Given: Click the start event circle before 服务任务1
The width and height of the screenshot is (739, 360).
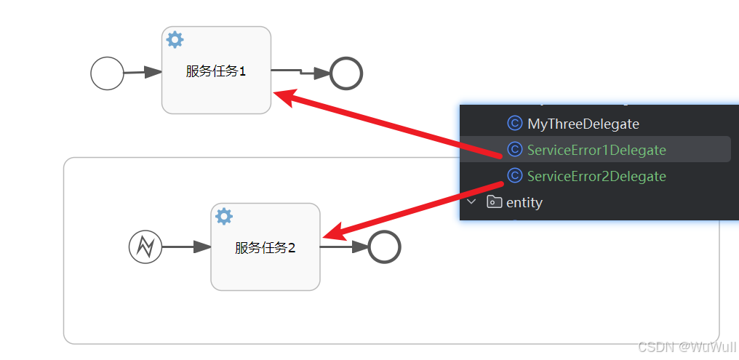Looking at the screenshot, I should pyautogui.click(x=107, y=73).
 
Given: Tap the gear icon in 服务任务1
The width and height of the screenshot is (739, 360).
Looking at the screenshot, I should pyautogui.click(x=175, y=39).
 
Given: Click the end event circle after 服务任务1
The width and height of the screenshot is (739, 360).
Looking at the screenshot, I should pyautogui.click(x=346, y=73).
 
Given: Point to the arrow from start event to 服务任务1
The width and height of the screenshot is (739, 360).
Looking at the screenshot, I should pyautogui.click(x=143, y=72).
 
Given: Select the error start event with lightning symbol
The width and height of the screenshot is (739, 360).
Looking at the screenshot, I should pyautogui.click(x=145, y=247).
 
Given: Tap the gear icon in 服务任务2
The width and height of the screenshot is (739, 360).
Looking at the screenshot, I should pyautogui.click(x=224, y=216).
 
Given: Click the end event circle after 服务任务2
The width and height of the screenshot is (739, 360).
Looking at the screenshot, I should pyautogui.click(x=384, y=247).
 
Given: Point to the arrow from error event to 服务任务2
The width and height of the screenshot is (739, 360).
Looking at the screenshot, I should pyautogui.click(x=186, y=247).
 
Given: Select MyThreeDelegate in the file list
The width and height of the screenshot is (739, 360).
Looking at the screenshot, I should pyautogui.click(x=583, y=124).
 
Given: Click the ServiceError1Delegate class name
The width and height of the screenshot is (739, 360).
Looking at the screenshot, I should pyautogui.click(x=596, y=150).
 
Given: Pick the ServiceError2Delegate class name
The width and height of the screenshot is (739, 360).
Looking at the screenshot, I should pyautogui.click(x=596, y=176).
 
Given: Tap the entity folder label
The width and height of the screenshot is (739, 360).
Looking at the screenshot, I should pyautogui.click(x=524, y=202).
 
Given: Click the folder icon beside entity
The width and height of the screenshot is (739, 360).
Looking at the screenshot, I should pyautogui.click(x=495, y=202).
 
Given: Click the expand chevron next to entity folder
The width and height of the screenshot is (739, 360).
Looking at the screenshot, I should pyautogui.click(x=472, y=201).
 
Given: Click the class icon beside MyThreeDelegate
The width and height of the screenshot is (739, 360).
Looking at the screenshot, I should pyautogui.click(x=514, y=123).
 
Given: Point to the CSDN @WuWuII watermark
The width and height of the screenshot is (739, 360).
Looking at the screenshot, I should pyautogui.click(x=686, y=347).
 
